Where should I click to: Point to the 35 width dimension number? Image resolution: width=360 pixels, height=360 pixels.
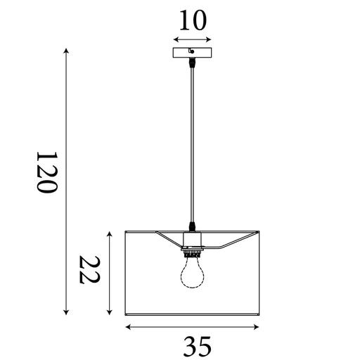pos(198,345)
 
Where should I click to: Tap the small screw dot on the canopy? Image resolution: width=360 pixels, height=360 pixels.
pos(192,51)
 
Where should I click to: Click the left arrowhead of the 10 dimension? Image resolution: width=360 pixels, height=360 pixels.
pos(176,39)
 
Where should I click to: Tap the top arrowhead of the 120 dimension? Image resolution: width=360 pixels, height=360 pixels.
pos(66,51)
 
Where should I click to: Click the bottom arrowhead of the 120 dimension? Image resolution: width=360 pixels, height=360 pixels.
pos(66,312)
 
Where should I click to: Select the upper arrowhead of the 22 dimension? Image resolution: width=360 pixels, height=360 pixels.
pos(108,232)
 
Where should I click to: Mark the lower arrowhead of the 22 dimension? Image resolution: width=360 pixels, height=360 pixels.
pos(108,312)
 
